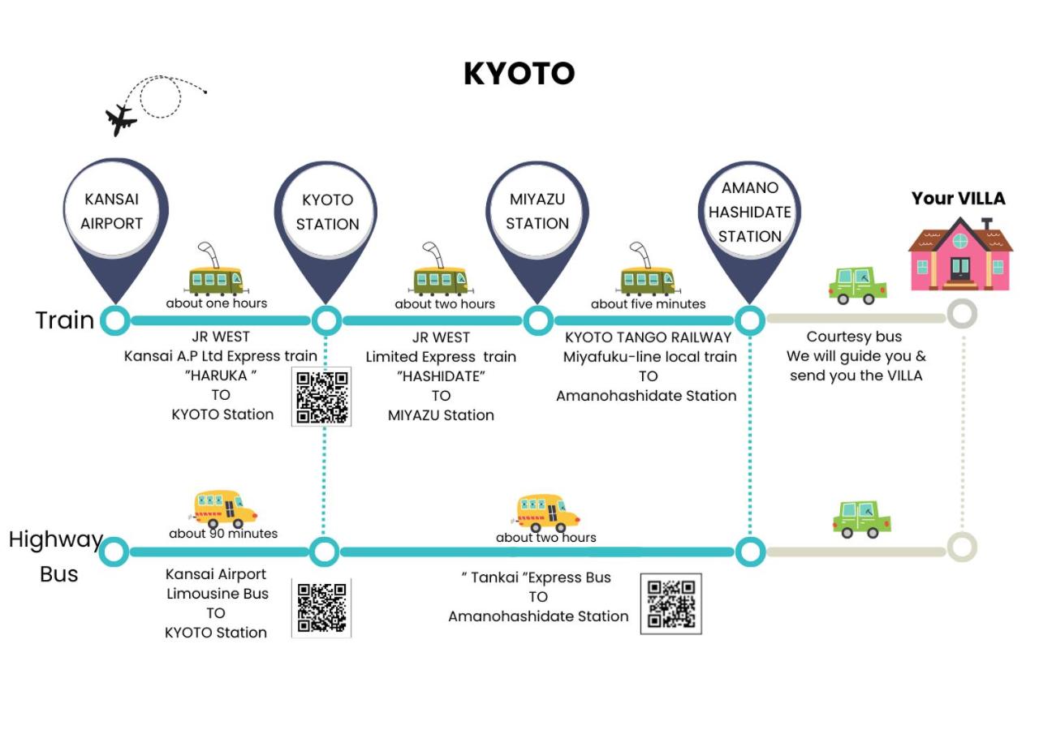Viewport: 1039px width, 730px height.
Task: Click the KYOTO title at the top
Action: (x=519, y=73)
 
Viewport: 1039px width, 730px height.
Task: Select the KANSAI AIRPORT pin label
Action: (x=112, y=212)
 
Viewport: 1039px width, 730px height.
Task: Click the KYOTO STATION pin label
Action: (x=327, y=213)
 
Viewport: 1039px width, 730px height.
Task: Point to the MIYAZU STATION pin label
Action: (x=537, y=212)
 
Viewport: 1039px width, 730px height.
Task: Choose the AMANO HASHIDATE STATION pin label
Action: (x=749, y=213)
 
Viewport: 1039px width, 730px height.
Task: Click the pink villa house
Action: (x=960, y=254)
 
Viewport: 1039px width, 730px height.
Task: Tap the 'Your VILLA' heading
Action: (x=959, y=199)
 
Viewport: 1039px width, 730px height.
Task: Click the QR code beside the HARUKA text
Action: (x=321, y=397)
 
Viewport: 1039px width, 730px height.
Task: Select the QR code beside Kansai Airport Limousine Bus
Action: (x=321, y=608)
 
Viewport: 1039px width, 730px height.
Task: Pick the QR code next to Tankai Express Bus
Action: (x=670, y=603)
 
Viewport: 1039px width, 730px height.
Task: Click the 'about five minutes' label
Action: (x=648, y=304)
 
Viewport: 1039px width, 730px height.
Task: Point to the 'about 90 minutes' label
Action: (x=223, y=534)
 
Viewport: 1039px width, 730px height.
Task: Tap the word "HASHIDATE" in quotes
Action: (x=441, y=376)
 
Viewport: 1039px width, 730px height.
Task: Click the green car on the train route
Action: (x=858, y=285)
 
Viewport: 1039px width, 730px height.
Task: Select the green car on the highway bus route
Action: (x=862, y=519)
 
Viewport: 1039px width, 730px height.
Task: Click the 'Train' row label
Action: (x=65, y=320)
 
